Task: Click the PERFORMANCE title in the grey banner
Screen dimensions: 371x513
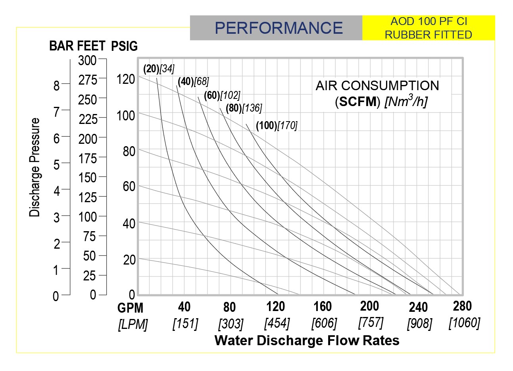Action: pyautogui.click(x=279, y=28)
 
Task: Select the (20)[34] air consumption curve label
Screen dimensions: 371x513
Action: pyautogui.click(x=159, y=69)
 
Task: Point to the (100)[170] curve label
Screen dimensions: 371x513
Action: pyautogui.click(x=277, y=126)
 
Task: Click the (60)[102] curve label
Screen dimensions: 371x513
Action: pyautogui.click(x=222, y=95)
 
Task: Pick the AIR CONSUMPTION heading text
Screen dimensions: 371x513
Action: pyautogui.click(x=377, y=85)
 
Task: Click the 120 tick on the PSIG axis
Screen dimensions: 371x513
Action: pyautogui.click(x=126, y=79)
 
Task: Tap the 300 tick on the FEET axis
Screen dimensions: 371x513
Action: pyautogui.click(x=87, y=60)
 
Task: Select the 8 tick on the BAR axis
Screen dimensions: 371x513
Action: pyautogui.click(x=56, y=85)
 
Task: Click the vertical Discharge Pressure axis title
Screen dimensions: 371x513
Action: pyautogui.click(x=35, y=167)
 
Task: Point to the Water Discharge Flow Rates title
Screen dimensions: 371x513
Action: pyautogui.click(x=307, y=340)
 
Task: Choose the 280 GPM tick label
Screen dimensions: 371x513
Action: pyautogui.click(x=462, y=306)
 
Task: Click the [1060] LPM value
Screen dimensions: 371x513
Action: pyautogui.click(x=464, y=323)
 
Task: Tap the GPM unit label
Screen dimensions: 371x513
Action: pyautogui.click(x=131, y=308)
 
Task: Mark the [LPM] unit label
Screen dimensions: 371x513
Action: pyautogui.click(x=133, y=325)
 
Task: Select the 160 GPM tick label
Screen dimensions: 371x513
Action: pyautogui.click(x=323, y=306)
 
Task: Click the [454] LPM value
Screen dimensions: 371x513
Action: pyautogui.click(x=277, y=323)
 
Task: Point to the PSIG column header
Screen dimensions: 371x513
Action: pyautogui.click(x=124, y=46)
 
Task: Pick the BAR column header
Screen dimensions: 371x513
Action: pyautogui.click(x=61, y=46)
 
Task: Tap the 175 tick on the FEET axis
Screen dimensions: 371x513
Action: pyautogui.click(x=87, y=158)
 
